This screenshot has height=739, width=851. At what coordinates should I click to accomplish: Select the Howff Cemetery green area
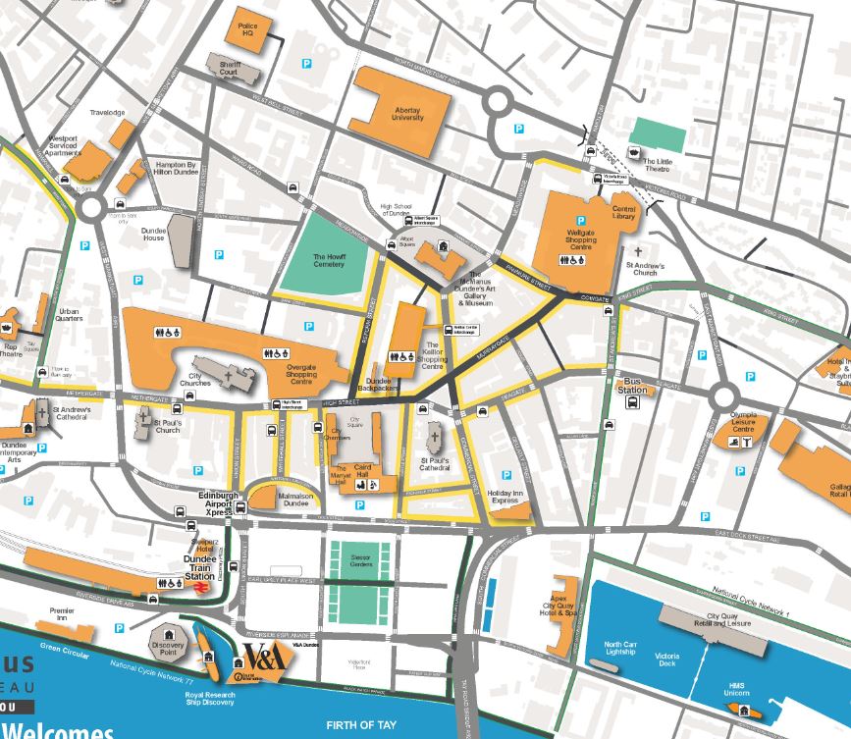pyautogui.click(x=329, y=260)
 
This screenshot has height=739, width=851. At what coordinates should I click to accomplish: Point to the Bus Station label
pyautogui.click(x=633, y=385)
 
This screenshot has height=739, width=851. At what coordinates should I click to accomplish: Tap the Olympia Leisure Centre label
pyautogui.click(x=743, y=422)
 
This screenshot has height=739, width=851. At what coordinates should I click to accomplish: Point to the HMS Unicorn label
pyautogui.click(x=736, y=689)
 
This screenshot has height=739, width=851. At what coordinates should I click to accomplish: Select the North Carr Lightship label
pyautogui.click(x=620, y=649)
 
